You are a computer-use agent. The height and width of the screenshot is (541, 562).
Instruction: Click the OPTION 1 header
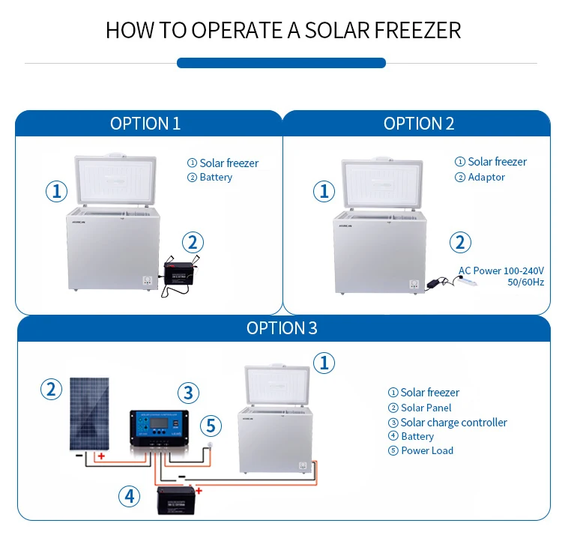pos(145,124)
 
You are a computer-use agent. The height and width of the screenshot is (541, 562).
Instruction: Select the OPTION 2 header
pos(419,124)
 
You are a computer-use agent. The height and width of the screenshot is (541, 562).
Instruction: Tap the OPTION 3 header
pos(282,328)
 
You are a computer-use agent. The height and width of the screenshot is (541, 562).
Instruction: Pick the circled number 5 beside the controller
pos(211,426)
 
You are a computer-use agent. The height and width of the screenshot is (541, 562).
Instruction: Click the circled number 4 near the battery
pos(129,495)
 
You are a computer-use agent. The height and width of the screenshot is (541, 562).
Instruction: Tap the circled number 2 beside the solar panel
pos(51,389)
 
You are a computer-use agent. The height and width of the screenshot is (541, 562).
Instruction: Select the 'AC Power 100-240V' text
pos(501,270)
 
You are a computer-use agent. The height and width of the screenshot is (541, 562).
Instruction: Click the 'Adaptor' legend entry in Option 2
pos(486,178)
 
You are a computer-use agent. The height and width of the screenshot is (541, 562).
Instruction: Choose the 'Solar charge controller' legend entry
pos(453,423)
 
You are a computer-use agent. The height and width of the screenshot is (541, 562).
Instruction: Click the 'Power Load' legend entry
pos(426,450)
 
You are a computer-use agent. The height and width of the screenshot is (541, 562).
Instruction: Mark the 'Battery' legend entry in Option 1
pos(216,178)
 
